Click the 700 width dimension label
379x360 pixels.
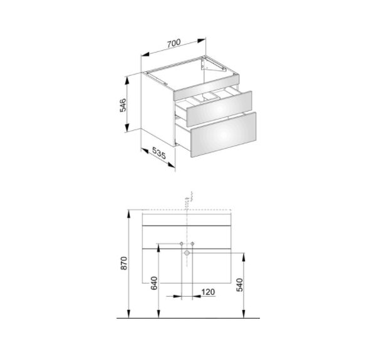[174, 43]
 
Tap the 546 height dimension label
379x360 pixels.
[123, 105]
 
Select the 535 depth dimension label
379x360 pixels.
[159, 153]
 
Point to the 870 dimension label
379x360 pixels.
[124, 263]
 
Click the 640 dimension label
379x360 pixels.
[154, 283]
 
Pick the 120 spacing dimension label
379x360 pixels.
[208, 292]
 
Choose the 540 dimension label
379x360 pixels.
[239, 285]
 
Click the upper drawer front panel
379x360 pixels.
[219, 109]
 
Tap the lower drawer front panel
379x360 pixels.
[224, 135]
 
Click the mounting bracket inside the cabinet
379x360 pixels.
[212, 65]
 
